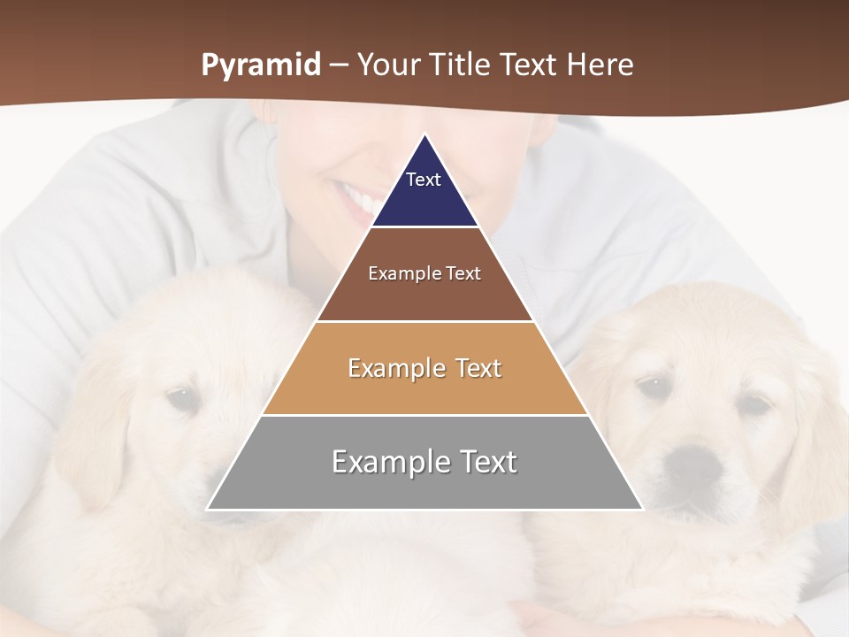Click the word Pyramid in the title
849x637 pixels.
(260, 65)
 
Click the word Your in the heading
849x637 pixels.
(386, 65)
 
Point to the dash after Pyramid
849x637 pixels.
(338, 65)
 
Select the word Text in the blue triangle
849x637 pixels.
(424, 180)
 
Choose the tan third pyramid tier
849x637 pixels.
(424, 389)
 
